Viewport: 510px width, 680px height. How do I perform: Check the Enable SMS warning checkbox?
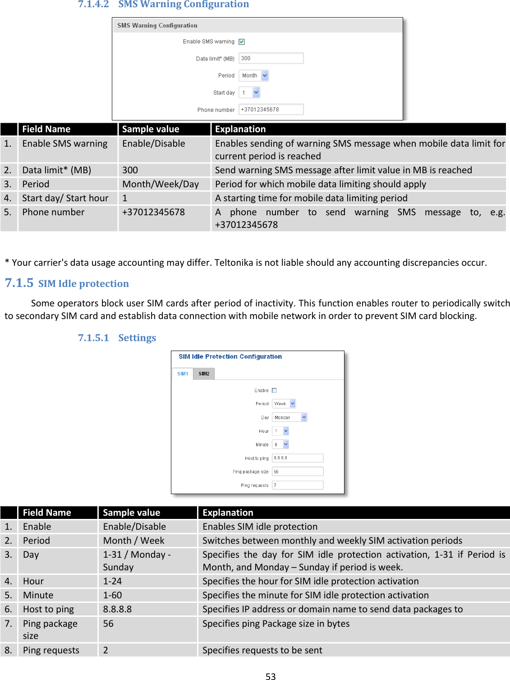tap(242, 42)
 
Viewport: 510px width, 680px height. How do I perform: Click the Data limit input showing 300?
tap(271, 58)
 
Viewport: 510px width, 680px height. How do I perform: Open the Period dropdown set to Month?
tap(253, 76)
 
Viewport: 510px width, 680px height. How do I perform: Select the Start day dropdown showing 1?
tap(249, 93)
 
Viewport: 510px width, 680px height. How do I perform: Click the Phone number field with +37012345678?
tap(271, 110)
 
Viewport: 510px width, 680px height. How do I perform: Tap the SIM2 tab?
tap(204, 374)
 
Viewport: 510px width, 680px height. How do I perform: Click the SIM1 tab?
tap(183, 374)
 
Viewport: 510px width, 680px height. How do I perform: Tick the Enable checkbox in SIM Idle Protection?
tap(274, 390)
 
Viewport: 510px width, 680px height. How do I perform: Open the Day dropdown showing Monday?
tap(289, 417)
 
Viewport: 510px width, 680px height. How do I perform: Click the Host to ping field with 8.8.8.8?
tap(297, 458)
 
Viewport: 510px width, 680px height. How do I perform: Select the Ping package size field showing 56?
tap(297, 472)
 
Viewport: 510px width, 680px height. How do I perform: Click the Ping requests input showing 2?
tap(297, 485)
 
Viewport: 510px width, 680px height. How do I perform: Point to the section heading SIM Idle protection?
tap(83, 284)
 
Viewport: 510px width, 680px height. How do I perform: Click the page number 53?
tap(271, 676)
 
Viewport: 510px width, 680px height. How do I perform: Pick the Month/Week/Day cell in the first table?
tap(161, 184)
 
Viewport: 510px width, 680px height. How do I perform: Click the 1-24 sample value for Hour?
tap(113, 581)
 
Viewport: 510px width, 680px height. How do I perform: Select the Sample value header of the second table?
tap(131, 513)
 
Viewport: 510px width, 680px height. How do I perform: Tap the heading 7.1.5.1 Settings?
tap(117, 338)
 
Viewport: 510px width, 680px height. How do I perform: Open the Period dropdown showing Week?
tap(284, 404)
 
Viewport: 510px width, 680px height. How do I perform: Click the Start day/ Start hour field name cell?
tap(65, 198)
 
